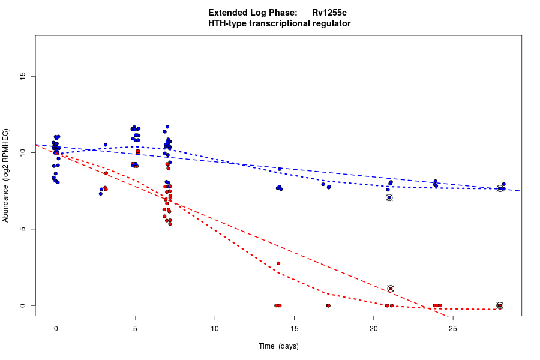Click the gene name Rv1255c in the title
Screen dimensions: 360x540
point(329,13)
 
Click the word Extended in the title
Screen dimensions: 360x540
point(229,13)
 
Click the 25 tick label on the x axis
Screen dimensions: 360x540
point(453,328)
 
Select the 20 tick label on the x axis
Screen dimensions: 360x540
point(373,328)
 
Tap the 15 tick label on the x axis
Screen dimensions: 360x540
point(294,328)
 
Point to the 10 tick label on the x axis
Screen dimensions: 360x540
point(215,328)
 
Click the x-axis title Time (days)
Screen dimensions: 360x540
point(278,346)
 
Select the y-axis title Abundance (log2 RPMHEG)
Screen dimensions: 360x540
point(6,175)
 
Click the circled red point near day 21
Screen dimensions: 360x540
point(391,289)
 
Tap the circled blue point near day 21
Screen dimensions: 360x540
point(389,197)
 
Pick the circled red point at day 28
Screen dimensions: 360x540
point(500,305)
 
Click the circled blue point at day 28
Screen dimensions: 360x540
point(500,188)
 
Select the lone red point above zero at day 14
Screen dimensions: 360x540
point(278,263)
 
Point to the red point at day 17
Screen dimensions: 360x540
point(328,305)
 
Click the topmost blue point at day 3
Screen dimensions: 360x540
point(106,145)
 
